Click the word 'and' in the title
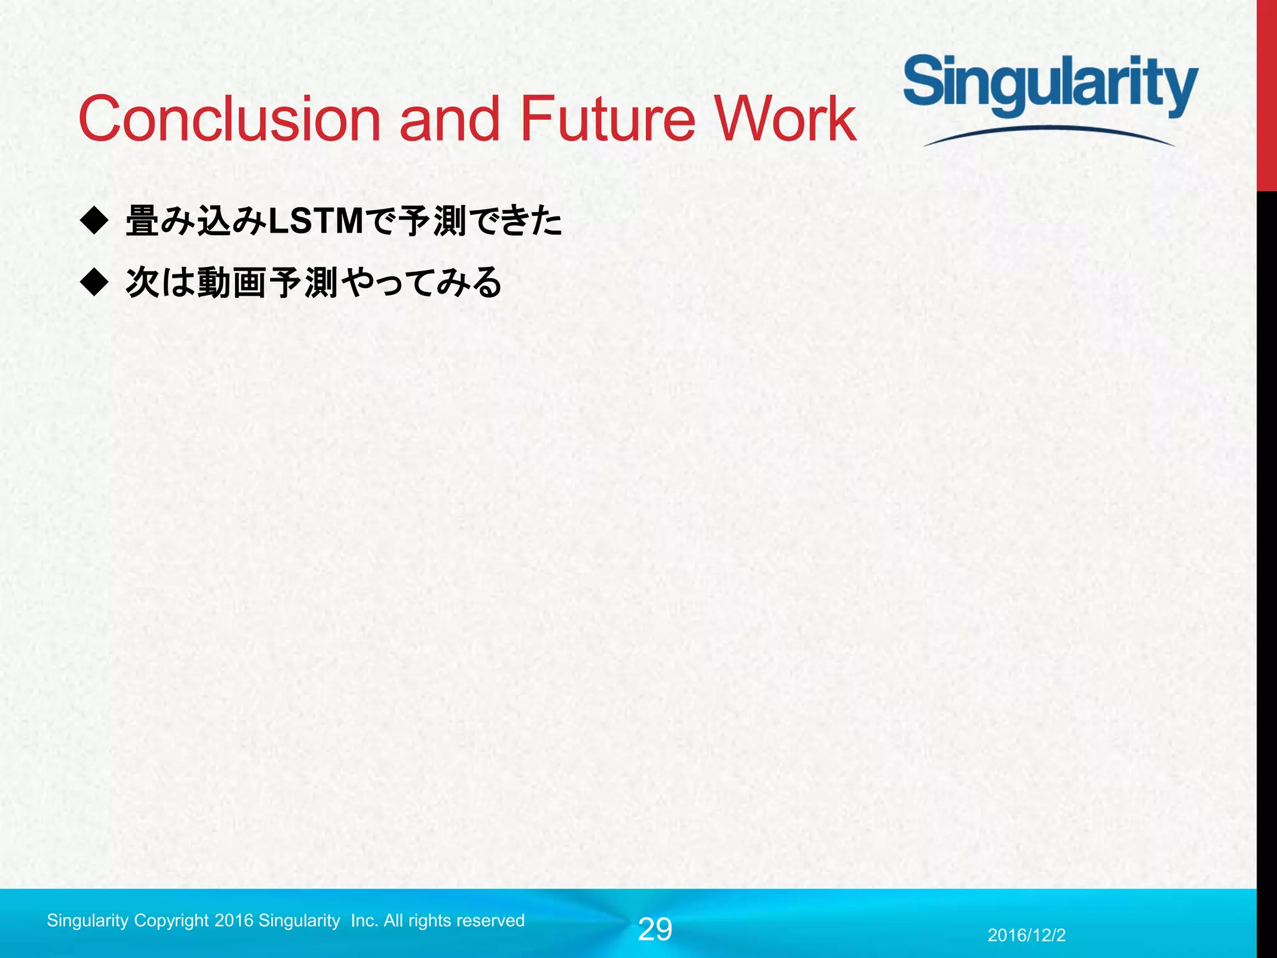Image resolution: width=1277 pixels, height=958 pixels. [449, 119]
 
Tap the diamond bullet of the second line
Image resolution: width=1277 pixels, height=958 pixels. [94, 282]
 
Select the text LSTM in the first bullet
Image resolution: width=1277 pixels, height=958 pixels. [316, 221]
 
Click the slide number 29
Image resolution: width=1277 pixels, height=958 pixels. [655, 930]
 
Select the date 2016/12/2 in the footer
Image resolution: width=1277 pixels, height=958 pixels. [1026, 935]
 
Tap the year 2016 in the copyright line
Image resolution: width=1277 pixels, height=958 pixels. [234, 921]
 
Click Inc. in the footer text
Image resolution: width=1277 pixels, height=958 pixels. [365, 921]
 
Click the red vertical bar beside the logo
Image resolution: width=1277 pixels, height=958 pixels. [1266, 94]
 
